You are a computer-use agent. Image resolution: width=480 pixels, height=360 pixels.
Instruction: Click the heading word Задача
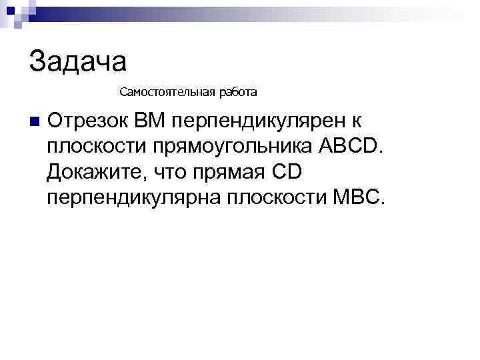[x=78, y=61]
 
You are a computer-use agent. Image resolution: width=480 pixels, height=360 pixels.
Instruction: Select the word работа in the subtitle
[x=233, y=90]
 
